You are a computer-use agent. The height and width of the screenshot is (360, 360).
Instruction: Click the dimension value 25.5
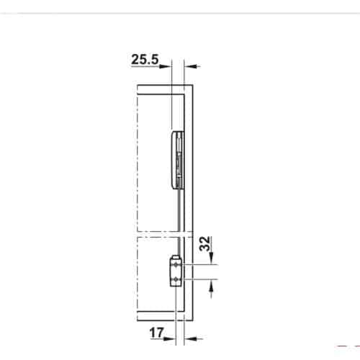coord(145,61)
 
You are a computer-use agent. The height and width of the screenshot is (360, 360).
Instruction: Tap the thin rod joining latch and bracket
coord(177,216)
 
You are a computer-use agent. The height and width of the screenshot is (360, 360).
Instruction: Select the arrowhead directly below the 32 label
coord(212,261)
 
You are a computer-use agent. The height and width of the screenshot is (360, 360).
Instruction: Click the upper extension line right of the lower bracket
coord(202,266)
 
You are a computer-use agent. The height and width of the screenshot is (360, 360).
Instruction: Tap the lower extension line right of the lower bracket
coord(202,278)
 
